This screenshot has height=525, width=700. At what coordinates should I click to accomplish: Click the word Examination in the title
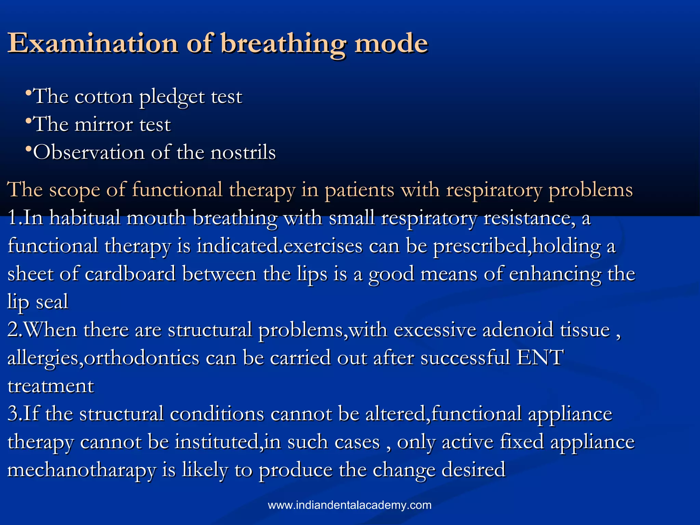click(93, 43)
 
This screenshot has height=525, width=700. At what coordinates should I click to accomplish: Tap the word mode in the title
click(391, 43)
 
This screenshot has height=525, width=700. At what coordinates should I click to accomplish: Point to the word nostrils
click(243, 152)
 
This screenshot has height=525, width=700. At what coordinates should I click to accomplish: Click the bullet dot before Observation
click(29, 149)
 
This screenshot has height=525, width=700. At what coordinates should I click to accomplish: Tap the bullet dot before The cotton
click(29, 93)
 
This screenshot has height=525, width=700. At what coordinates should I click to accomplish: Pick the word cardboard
click(130, 274)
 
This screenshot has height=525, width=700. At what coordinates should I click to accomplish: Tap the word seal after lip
click(52, 302)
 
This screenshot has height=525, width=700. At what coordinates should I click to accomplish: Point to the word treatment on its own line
click(51, 386)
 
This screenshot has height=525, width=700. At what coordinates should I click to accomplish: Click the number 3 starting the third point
click(13, 414)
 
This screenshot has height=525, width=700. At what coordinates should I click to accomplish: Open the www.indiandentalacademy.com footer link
click(350, 505)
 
